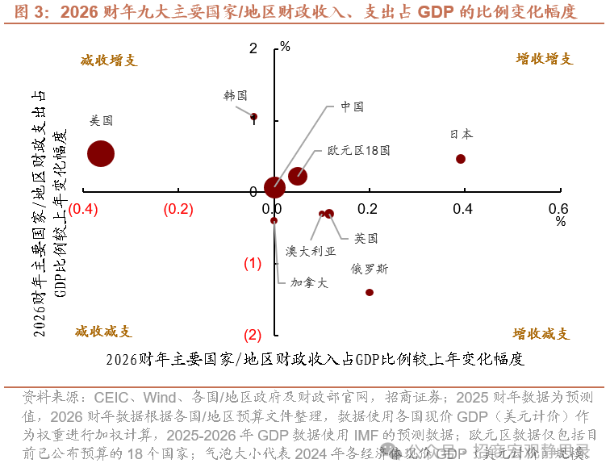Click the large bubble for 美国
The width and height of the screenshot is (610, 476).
(101, 154)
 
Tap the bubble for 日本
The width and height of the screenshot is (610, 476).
(461, 159)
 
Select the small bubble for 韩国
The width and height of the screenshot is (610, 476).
(253, 116)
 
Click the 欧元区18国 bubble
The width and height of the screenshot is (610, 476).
(298, 176)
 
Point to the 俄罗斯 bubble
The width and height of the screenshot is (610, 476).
(370, 292)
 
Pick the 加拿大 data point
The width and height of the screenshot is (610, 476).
(274, 220)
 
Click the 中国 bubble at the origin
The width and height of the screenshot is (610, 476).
(274, 187)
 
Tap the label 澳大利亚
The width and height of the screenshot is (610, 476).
(311, 251)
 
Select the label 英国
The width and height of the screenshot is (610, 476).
(366, 238)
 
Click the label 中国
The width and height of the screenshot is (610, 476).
(351, 106)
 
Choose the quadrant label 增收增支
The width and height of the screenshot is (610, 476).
(545, 59)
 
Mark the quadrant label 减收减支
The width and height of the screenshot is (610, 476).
(103, 332)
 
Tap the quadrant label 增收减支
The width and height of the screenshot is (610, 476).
(541, 334)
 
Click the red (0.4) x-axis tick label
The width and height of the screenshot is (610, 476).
(83, 209)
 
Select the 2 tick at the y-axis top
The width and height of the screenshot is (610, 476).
(253, 48)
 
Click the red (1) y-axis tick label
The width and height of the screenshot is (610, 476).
(253, 264)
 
